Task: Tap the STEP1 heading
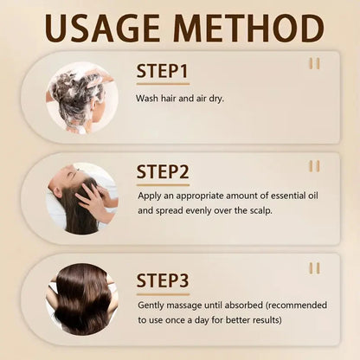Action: pos(164,70)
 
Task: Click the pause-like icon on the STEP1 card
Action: pos(314,63)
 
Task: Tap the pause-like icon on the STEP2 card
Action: pos(314,166)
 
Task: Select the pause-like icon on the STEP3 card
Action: pos(314,267)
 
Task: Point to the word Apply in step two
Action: pos(151,196)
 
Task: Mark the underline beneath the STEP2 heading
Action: pos(163,184)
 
